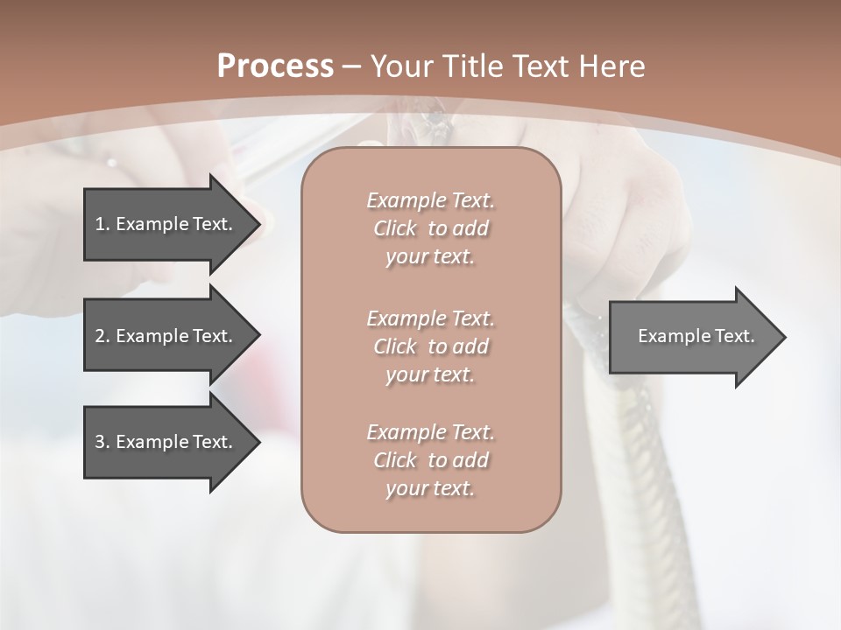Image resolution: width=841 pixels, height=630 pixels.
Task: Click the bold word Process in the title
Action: tap(275, 66)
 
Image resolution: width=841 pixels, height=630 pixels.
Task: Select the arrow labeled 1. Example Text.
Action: tap(166, 224)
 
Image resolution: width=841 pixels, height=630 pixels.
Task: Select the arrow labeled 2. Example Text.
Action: tap(166, 336)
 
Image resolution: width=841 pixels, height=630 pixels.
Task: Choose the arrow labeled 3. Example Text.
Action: tap(166, 442)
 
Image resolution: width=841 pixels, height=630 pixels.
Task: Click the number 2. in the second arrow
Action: tap(102, 336)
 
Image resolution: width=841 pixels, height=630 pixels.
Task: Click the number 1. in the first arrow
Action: tap(102, 224)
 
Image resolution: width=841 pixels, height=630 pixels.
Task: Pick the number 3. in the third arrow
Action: tap(102, 442)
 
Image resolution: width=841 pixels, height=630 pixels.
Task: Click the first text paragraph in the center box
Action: tap(430, 228)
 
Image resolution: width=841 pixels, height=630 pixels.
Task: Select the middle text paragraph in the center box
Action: tap(430, 346)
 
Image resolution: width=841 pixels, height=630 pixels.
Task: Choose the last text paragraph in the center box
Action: tap(430, 460)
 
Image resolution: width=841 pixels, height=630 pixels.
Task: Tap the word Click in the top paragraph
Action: tap(395, 229)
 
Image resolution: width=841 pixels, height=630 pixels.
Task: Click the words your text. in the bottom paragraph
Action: tap(430, 488)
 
